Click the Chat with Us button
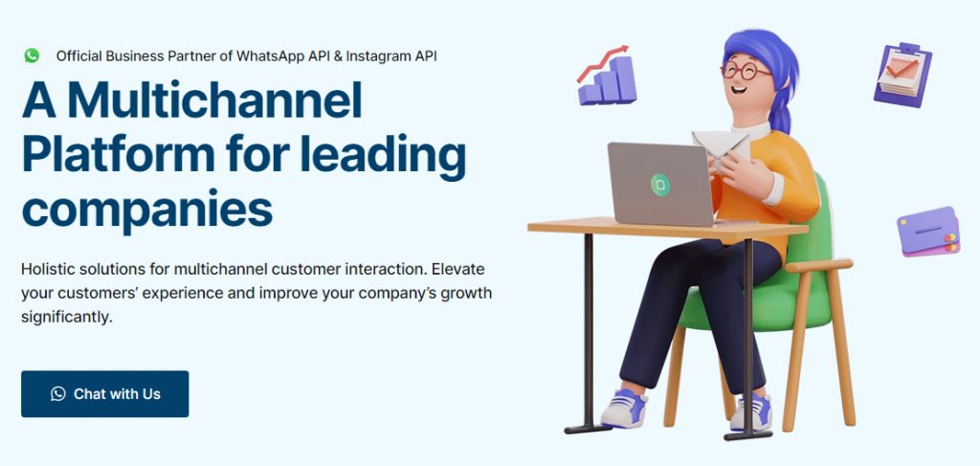click(x=105, y=393)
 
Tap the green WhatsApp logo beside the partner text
click(x=32, y=55)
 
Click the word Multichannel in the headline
click(x=215, y=100)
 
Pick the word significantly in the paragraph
click(x=67, y=317)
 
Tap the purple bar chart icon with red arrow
click(x=606, y=75)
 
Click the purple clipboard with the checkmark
click(x=902, y=75)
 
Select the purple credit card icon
click(x=928, y=232)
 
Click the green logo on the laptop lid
click(x=659, y=183)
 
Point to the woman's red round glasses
click(x=746, y=70)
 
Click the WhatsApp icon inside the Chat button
click(x=58, y=393)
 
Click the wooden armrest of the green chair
click(x=819, y=266)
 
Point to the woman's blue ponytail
click(x=780, y=116)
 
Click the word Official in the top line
click(x=78, y=55)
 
